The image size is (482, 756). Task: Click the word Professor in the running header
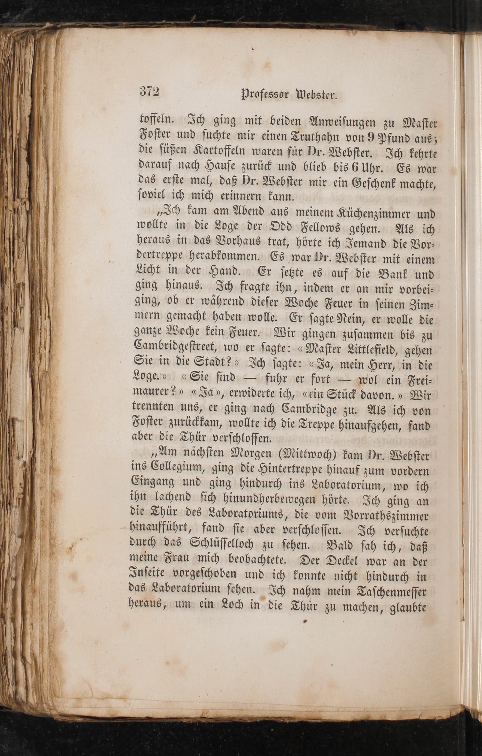coord(265,94)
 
